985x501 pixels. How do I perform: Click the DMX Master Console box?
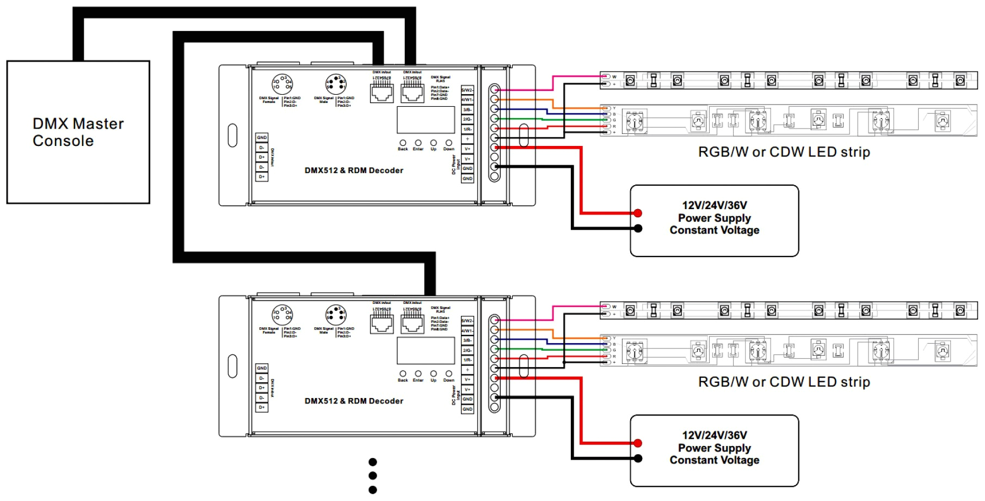pos(78,132)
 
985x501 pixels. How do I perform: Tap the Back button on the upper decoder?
pos(403,143)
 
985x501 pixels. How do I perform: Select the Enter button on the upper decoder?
pos(418,143)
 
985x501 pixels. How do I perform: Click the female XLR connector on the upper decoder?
pos(282,84)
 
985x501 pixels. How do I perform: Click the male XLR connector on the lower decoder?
pos(336,315)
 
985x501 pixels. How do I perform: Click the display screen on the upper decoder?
pos(426,120)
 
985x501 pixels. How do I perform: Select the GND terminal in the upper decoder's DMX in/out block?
pos(262,138)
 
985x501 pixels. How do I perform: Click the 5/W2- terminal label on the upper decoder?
pos(467,90)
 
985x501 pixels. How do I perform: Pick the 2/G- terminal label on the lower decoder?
pos(467,350)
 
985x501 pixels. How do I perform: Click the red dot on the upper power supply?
pos(638,213)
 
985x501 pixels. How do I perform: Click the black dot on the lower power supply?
pos(638,459)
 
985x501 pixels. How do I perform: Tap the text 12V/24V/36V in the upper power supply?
pos(715,205)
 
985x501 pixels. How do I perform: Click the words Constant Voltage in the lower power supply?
pos(715,460)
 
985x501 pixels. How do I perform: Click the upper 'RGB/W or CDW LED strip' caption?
pos(784,152)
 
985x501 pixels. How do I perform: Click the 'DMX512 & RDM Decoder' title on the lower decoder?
pos(354,401)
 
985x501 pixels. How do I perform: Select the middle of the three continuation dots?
pos(373,475)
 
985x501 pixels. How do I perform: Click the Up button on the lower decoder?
pos(433,374)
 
